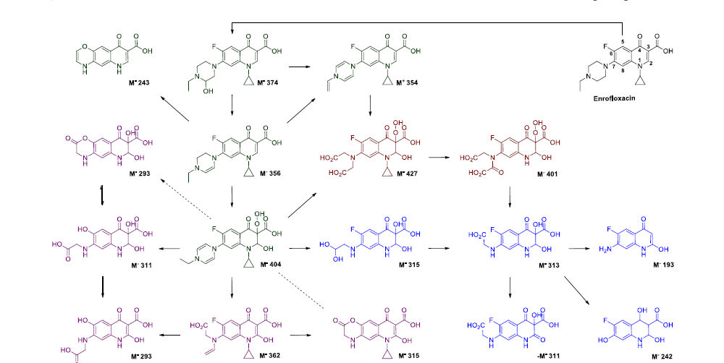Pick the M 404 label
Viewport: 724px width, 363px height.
point(270,265)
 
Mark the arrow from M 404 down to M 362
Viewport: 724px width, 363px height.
point(232,289)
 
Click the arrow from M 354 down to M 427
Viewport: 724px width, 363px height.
point(371,106)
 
